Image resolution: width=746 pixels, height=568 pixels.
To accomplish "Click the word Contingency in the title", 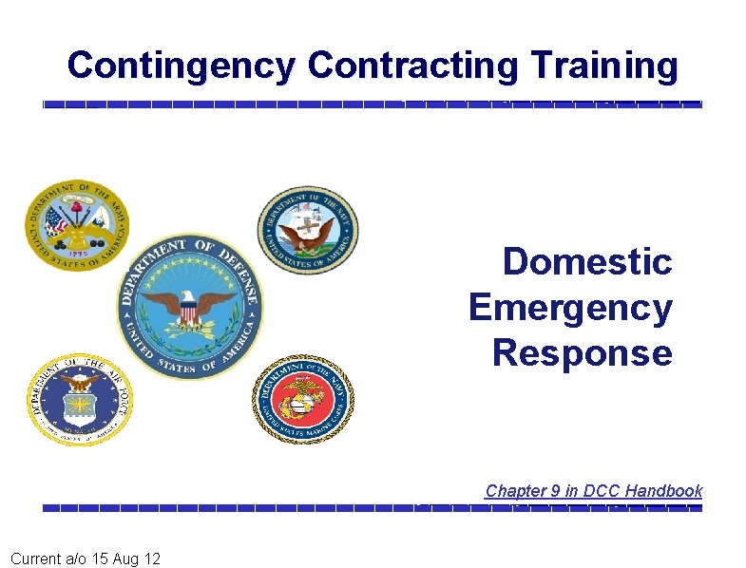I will (x=182, y=66).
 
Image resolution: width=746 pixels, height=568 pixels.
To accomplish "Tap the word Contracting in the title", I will (x=412, y=66).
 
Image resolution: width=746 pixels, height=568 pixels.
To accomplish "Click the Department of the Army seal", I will (x=76, y=225).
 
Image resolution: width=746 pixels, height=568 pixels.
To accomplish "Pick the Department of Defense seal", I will (x=190, y=306).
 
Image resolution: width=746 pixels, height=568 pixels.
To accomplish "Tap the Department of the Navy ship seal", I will (x=308, y=229).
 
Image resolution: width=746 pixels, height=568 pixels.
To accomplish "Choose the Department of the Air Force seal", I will (x=76, y=399).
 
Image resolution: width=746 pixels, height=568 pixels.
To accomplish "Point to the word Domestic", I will (x=587, y=261).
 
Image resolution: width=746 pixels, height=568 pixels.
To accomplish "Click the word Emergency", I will (x=570, y=308).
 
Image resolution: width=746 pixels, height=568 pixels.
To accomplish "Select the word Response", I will (x=582, y=353).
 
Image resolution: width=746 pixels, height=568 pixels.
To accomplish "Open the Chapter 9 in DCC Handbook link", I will (x=593, y=491).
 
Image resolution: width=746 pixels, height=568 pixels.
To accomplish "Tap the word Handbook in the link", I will (x=664, y=491).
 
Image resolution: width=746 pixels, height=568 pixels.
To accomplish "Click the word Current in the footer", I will (x=36, y=559).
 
